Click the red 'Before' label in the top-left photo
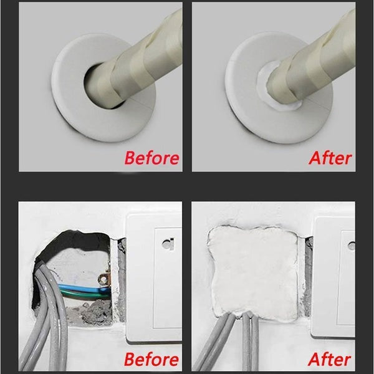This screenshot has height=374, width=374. (x=151, y=157)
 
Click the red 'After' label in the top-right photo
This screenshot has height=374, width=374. (x=330, y=157)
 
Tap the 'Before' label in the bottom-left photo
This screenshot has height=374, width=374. (x=151, y=360)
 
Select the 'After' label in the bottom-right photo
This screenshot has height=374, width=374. (x=330, y=360)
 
